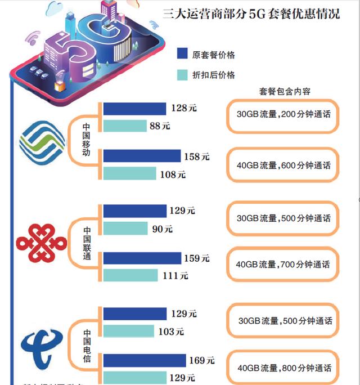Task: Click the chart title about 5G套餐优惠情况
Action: tap(251, 14)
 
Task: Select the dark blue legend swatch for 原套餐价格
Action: tap(182, 53)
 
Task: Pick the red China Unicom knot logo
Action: tap(41, 243)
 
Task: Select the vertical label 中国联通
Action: tap(87, 244)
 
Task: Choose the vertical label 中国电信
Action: tap(87, 343)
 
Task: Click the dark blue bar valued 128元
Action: tap(135, 109)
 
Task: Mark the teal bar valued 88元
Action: tap(124, 127)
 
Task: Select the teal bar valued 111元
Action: tap(130, 275)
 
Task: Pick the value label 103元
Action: tap(171, 332)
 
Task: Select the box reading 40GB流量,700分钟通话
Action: tap(283, 265)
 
